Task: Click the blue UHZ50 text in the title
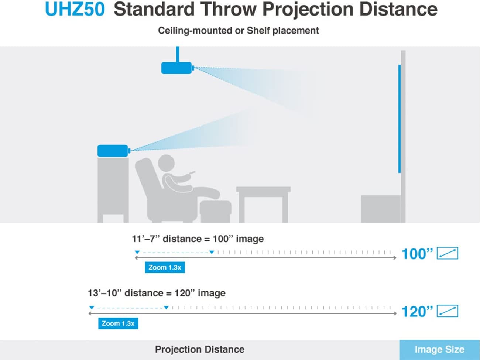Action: (x=75, y=9)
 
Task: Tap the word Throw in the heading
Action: (x=228, y=9)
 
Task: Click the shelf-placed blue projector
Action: (x=114, y=151)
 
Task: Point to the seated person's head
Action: (x=166, y=163)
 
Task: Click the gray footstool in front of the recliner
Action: (x=215, y=211)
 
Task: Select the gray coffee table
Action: (x=263, y=205)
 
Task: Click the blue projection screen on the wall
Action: (x=399, y=119)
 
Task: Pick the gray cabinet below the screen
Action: (x=381, y=209)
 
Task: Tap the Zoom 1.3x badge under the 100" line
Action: (x=165, y=267)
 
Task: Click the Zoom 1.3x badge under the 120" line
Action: (x=118, y=323)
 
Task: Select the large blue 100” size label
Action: (x=417, y=254)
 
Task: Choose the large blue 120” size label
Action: (x=417, y=312)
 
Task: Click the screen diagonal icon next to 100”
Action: (x=448, y=253)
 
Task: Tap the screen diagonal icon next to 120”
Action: (x=448, y=311)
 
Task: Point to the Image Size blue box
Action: (x=439, y=350)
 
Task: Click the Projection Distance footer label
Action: (x=200, y=350)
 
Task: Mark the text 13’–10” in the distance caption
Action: (x=104, y=293)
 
